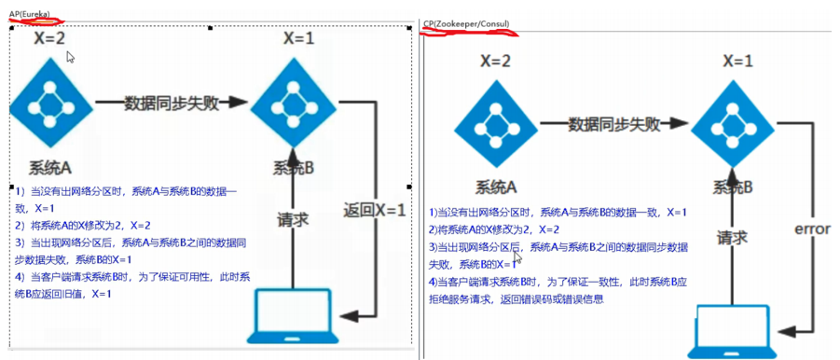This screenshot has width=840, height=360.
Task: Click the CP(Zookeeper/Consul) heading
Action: pyautogui.click(x=465, y=22)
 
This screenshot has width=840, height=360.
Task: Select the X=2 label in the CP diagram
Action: pyautogui.click(x=496, y=62)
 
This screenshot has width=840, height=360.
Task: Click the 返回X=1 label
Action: pyautogui.click(x=374, y=210)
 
